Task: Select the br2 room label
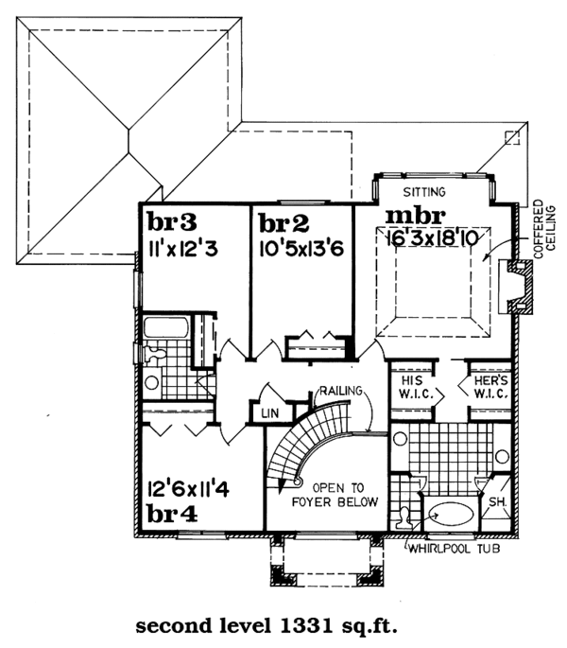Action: pos(284,223)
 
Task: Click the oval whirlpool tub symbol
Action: pos(447,517)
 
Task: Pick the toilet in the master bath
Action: pos(404,517)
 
